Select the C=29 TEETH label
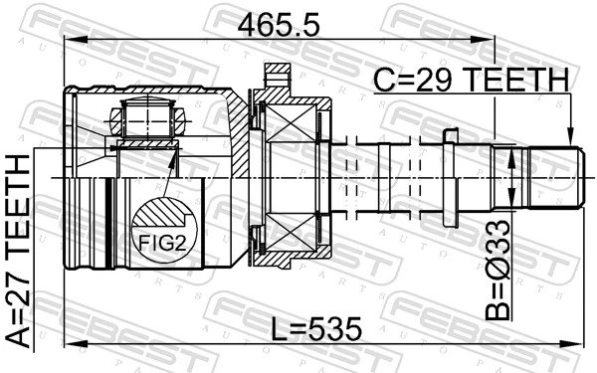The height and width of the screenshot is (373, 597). coord(470,79)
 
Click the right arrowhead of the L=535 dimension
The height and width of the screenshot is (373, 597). coord(576,347)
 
